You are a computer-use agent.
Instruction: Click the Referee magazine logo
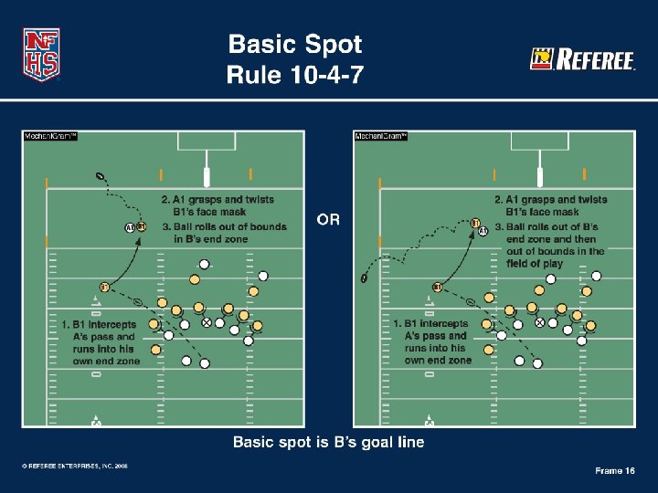[582, 60]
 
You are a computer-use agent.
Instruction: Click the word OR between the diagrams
[329, 220]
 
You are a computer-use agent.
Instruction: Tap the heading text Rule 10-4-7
[294, 75]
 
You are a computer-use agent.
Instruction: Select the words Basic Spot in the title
[294, 44]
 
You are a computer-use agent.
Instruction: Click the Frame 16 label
[614, 470]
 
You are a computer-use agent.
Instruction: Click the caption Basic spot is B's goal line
[328, 443]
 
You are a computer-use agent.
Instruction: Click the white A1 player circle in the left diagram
[130, 227]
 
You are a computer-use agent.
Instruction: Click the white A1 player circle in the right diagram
[483, 231]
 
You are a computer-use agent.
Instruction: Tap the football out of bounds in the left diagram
[99, 176]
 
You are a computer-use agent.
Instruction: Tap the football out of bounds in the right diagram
[365, 278]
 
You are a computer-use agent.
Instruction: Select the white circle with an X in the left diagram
[207, 322]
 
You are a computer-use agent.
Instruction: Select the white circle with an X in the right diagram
[539, 322]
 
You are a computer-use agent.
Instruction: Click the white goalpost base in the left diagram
[207, 176]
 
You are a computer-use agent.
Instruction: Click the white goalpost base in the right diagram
[539, 176]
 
